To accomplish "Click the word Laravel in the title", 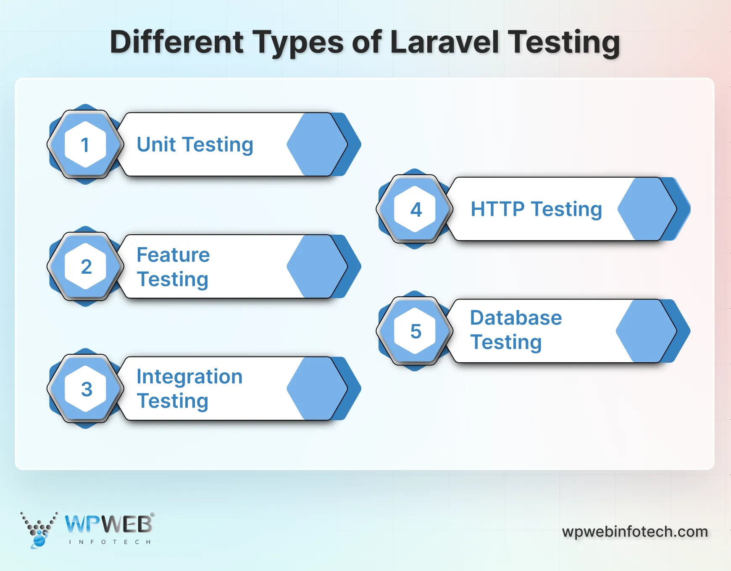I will click(444, 42).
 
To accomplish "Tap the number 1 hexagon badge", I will click(85, 144).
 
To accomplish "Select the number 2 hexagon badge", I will click(85, 267).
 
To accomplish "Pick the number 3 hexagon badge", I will click(85, 389).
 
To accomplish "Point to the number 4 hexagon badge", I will click(415, 209).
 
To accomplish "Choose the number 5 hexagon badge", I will click(415, 331).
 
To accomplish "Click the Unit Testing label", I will click(195, 145).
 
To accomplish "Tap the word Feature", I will click(173, 255).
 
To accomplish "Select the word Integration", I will click(189, 377).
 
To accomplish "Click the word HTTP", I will click(497, 209).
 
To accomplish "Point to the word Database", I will click(516, 318).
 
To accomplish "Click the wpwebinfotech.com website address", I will click(635, 532).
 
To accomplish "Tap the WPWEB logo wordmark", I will click(109, 524).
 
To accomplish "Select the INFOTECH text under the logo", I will click(110, 542).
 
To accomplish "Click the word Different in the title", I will click(176, 42).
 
